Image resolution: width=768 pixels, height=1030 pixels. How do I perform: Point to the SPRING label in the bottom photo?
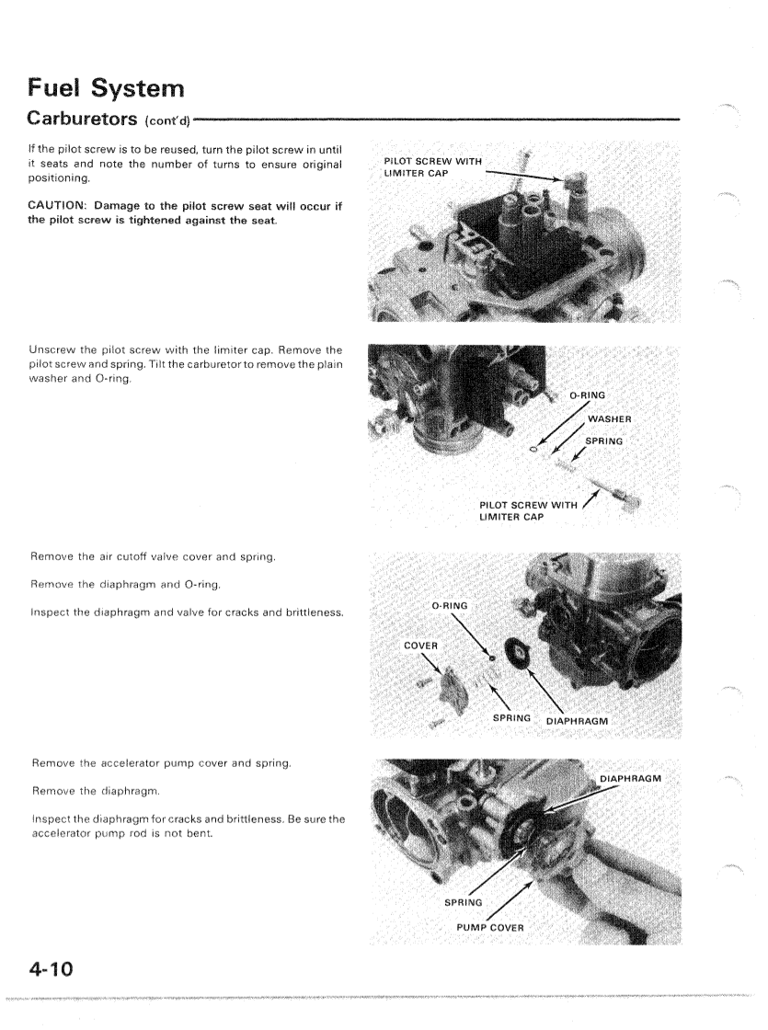click(465, 902)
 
